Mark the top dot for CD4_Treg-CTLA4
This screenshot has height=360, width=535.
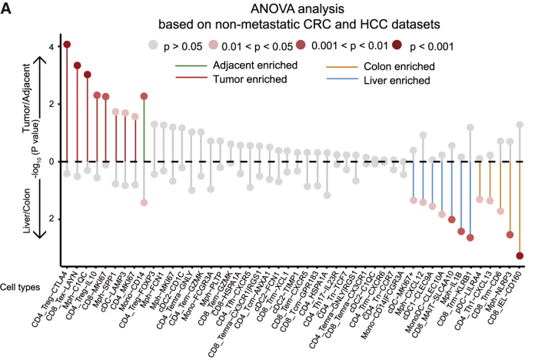click(x=67, y=45)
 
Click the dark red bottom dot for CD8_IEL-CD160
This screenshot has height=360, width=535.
click(x=520, y=256)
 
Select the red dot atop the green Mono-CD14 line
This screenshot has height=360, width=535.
click(x=144, y=96)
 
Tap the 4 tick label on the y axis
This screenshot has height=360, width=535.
click(x=51, y=47)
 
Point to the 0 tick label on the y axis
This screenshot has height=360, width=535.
click(x=51, y=162)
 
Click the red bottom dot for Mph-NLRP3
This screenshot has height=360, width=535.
click(x=510, y=235)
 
